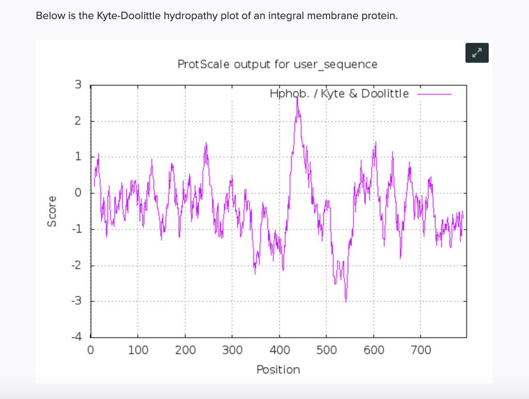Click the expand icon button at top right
click(x=476, y=52)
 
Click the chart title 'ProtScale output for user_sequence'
click(x=277, y=65)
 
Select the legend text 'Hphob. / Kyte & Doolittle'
click(x=339, y=94)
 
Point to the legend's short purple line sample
click(x=434, y=94)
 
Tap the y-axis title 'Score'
click(x=51, y=211)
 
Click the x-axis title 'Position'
click(x=278, y=370)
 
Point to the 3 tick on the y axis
click(x=77, y=85)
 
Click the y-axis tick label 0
click(x=77, y=193)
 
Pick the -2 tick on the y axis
click(x=75, y=265)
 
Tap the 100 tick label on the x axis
click(x=137, y=351)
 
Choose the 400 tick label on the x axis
click(x=279, y=351)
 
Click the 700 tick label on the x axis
click(x=421, y=351)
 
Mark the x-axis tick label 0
click(x=91, y=351)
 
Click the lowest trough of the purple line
click(x=346, y=300)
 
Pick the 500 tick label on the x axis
click(x=326, y=351)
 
